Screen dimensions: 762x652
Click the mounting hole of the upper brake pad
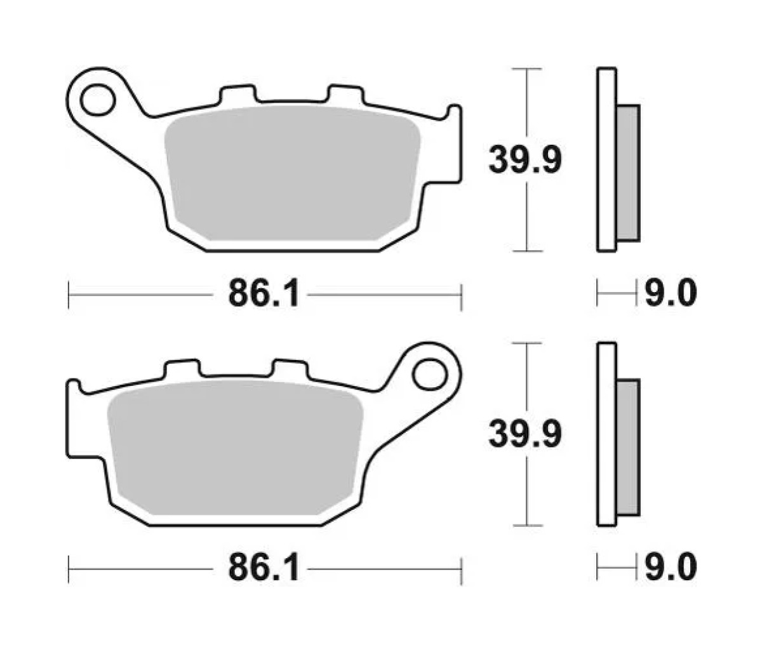tap(98, 100)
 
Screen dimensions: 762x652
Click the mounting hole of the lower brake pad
tap(429, 375)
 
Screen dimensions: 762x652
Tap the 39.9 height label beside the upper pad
tap(525, 160)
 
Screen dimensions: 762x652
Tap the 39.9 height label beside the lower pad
tap(525, 435)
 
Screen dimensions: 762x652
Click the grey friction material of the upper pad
tap(292, 173)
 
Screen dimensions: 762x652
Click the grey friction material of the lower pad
tap(235, 448)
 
